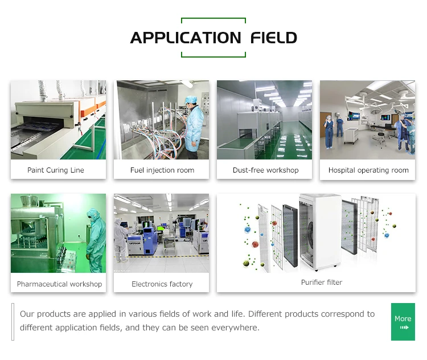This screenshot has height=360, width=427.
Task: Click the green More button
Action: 403,322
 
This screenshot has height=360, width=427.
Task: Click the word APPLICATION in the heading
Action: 186,38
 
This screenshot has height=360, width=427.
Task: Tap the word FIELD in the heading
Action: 274,38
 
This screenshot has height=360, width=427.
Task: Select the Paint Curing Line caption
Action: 56,170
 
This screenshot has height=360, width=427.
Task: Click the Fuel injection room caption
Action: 162,170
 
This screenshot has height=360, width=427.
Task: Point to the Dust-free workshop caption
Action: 265,170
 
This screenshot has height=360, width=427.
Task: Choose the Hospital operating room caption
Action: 368,170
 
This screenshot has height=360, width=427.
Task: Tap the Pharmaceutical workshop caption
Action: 59,284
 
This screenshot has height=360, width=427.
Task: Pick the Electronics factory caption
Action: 162,284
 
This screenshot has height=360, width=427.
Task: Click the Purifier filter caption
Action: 322,283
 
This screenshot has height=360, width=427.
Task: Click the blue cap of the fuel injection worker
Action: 191,99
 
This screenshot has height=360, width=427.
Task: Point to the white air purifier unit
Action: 320,232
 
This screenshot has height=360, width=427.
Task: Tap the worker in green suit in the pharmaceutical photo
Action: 95,240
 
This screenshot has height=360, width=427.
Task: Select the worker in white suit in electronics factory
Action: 121,240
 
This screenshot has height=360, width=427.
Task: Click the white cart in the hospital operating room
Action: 351,136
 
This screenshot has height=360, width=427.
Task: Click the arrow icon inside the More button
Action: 404,328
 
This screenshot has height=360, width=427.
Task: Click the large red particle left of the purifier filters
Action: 255,244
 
